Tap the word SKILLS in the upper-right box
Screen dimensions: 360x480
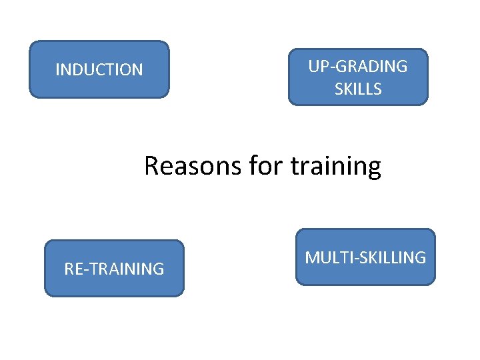[358, 89]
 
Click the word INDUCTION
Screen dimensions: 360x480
[99, 70]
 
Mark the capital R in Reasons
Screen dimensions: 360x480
[151, 165]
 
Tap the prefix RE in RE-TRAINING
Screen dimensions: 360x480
[73, 269]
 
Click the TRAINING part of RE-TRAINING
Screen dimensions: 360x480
[127, 269]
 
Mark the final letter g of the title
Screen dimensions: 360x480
[374, 168]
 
